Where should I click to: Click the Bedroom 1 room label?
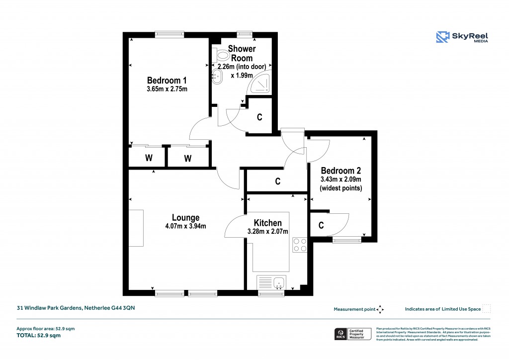[x=167, y=81]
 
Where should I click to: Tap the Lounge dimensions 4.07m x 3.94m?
[x=186, y=226]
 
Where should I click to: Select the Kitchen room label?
[x=267, y=223]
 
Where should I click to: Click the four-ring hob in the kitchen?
[x=300, y=245]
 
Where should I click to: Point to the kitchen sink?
[x=271, y=282]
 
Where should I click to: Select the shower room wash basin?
[x=217, y=76]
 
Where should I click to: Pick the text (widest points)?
[x=340, y=188]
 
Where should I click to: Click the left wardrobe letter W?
[x=148, y=159]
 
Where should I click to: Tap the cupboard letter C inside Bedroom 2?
[x=321, y=226]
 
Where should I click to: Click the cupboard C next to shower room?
[x=259, y=117]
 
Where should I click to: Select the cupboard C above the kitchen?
[x=278, y=181]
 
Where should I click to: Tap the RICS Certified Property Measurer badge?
[x=352, y=334]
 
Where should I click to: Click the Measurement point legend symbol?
[x=380, y=309]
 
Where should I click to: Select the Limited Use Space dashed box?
[x=487, y=309]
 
